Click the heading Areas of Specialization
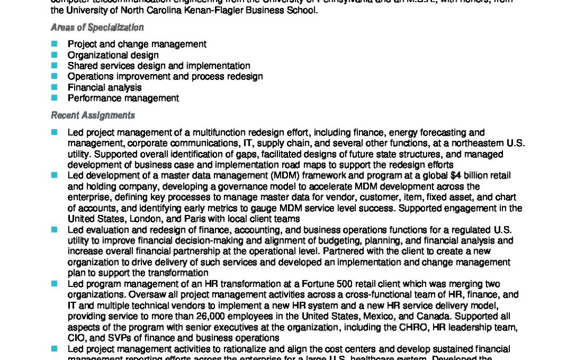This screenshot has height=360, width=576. tap(97, 28)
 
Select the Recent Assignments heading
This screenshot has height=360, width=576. tap(93, 115)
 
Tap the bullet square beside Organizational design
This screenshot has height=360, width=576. tap(54, 55)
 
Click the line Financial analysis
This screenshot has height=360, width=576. tap(105, 87)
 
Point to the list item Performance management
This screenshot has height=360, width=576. tap(123, 98)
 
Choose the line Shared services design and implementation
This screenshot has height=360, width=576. tap(158, 66)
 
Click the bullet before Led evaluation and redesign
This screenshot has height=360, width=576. tap(54, 230)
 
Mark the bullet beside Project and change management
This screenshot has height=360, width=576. tap(54, 44)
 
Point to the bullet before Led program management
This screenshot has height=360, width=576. tap(54, 284)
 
